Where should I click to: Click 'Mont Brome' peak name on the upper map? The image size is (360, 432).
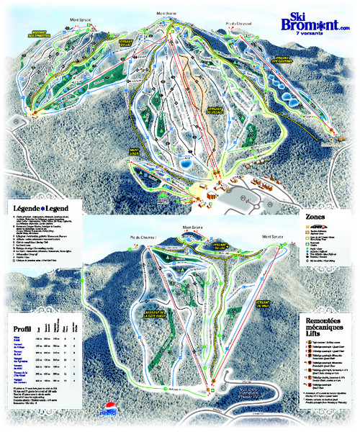pyautogui.click(x=166, y=12)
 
